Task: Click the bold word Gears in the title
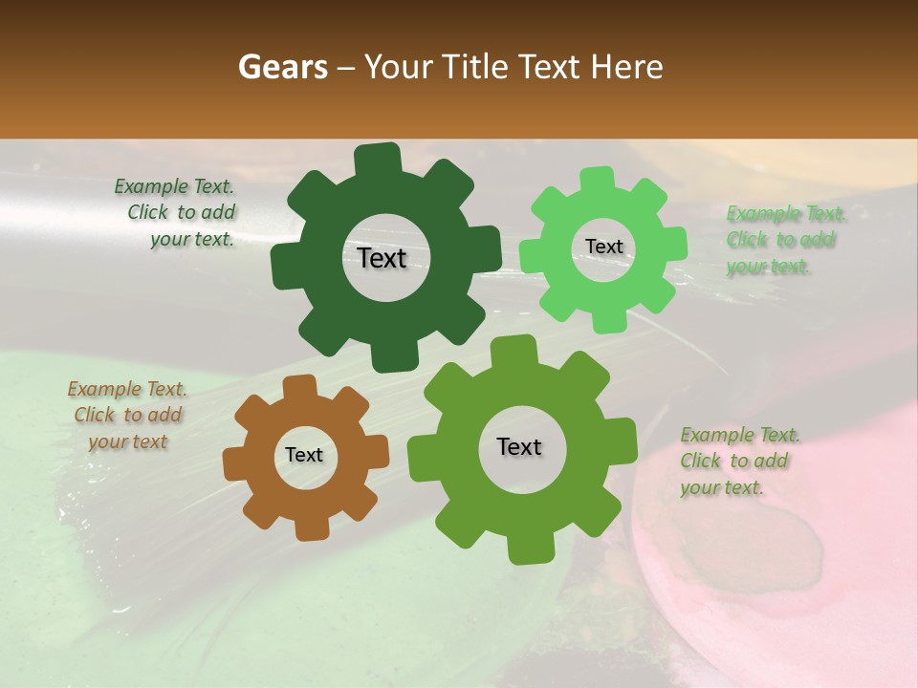[x=282, y=67]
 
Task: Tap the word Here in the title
[x=626, y=67]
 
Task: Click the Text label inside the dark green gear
[x=382, y=258]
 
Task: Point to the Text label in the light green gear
[x=603, y=247]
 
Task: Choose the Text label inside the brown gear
[x=304, y=455]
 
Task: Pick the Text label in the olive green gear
[x=519, y=446]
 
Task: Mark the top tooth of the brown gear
[x=299, y=386]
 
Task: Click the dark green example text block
[x=181, y=213]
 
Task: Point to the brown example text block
[x=127, y=415]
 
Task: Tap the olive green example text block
[x=739, y=461]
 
